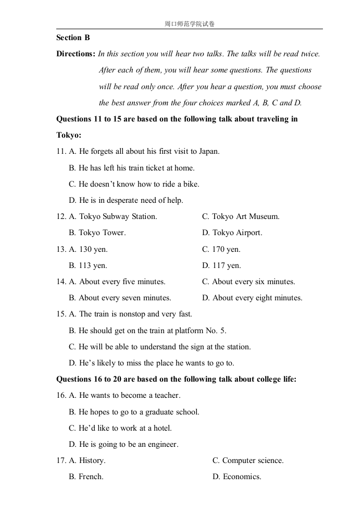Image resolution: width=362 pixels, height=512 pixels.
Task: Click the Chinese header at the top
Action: click(189, 24)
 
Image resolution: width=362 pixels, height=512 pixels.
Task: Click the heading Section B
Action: click(73, 38)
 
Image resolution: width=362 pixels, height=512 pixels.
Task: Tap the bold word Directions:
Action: click(76, 54)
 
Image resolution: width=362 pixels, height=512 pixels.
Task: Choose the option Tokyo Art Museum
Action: click(246, 216)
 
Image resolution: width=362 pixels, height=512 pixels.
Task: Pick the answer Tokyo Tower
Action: click(102, 233)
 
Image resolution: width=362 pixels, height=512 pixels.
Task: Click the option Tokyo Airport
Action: click(238, 233)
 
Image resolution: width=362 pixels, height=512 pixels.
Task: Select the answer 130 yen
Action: click(93, 249)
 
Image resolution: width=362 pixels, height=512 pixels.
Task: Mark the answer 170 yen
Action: click(227, 249)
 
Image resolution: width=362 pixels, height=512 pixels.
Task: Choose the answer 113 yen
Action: click(93, 265)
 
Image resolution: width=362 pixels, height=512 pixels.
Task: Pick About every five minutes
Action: click(122, 282)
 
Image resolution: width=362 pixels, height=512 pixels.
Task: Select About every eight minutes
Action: click(257, 298)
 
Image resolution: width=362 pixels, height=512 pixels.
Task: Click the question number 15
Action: click(61, 314)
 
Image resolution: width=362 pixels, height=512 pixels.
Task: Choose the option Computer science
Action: click(253, 460)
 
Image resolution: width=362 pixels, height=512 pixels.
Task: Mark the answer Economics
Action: click(242, 477)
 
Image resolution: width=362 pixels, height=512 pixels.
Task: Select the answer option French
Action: click(91, 477)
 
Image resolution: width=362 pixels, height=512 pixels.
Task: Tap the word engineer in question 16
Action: click(161, 444)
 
